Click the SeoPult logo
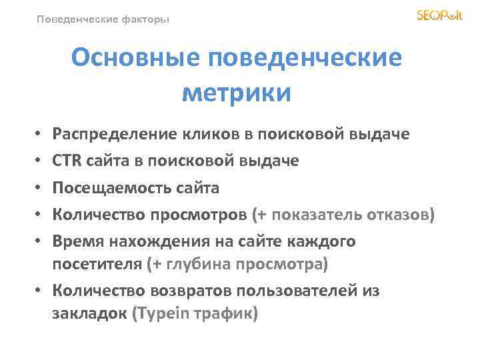point(439,15)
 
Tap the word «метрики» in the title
point(237,93)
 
